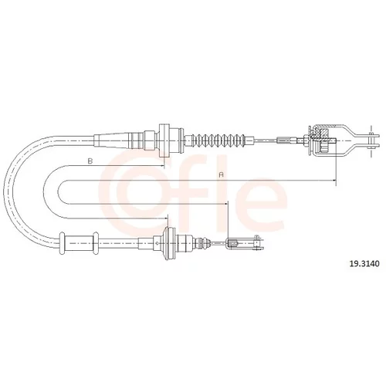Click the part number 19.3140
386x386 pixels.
tap(364, 263)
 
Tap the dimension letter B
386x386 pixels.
tap(90, 161)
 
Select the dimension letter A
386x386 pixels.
tap(221, 174)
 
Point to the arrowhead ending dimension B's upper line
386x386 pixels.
tap(161, 165)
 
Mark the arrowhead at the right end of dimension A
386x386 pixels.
tap(334, 181)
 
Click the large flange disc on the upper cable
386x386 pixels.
tap(164, 141)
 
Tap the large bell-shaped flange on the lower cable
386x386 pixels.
tap(170, 243)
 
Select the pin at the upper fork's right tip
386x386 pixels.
tap(371, 141)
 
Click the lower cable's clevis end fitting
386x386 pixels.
tap(245, 243)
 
